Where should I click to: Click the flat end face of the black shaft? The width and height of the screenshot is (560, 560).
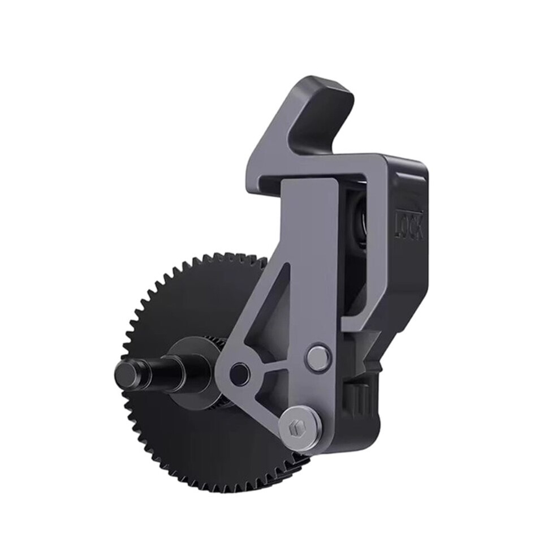127,373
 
